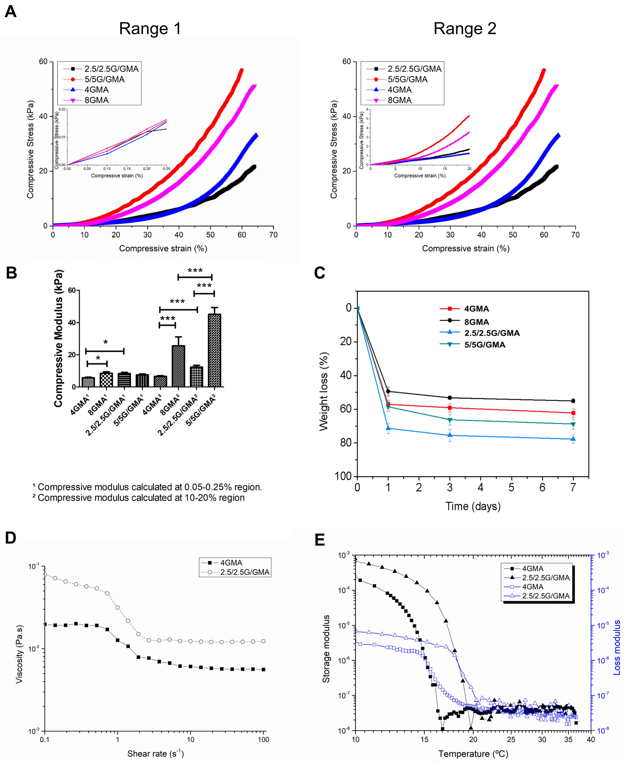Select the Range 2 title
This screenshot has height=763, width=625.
tap(465, 28)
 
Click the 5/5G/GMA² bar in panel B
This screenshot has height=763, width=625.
tap(215, 350)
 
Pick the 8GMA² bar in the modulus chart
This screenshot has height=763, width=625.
tap(178, 366)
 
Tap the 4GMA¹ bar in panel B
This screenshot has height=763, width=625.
tap(88, 382)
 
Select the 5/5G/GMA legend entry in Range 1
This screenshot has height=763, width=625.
tap(104, 79)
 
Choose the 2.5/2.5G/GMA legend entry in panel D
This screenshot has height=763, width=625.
tap(245, 572)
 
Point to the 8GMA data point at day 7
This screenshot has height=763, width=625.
tap(573, 401)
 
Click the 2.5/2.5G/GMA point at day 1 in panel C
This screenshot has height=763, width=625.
tap(388, 428)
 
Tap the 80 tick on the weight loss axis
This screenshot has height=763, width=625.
tap(346, 443)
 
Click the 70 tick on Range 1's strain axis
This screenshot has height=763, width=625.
tap(273, 235)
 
